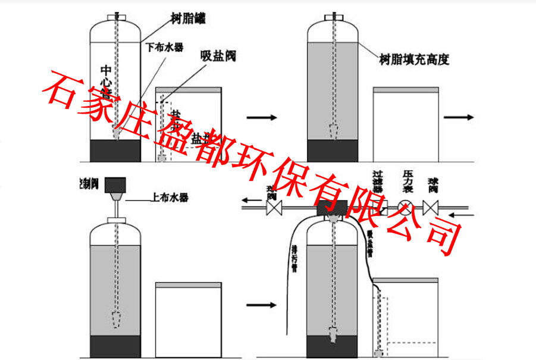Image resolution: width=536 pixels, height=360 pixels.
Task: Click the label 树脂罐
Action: [x=187, y=20]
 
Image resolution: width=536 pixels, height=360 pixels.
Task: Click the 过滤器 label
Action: [x=377, y=180]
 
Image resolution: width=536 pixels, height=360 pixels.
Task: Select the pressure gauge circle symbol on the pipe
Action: [x=404, y=208]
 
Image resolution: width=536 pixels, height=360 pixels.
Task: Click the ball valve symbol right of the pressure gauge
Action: [x=431, y=208]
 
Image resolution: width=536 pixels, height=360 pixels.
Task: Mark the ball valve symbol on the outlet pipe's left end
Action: [x=274, y=208]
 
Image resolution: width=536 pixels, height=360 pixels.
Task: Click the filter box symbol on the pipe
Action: [x=383, y=208]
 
